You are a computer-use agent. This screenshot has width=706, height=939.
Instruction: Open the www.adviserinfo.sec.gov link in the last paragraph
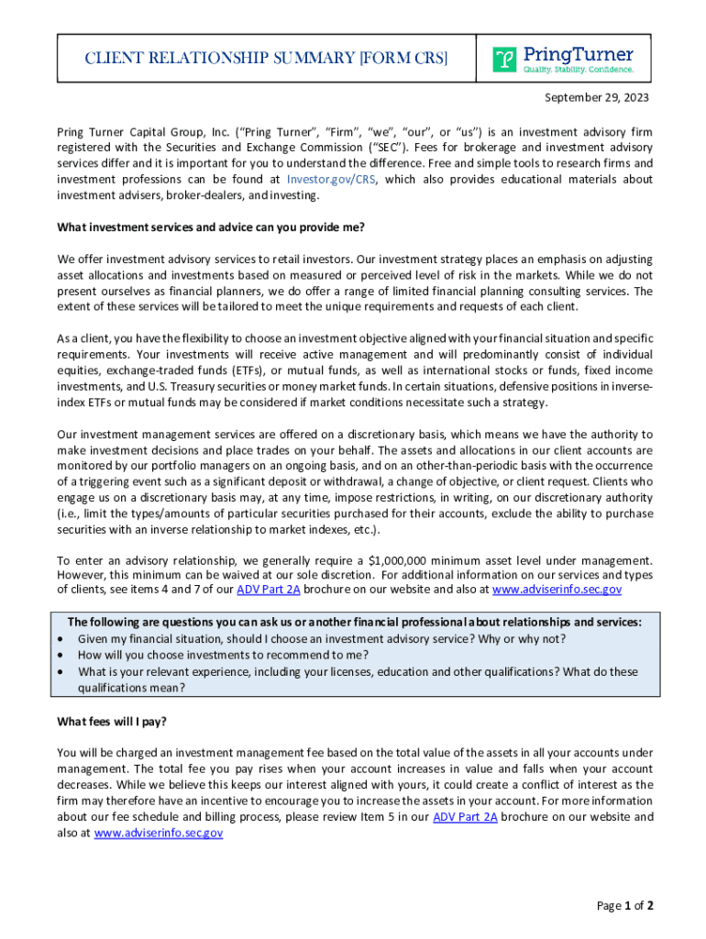[159, 833]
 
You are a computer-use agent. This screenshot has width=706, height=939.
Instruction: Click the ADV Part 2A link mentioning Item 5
[465, 817]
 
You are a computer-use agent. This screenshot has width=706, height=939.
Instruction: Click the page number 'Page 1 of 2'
[624, 906]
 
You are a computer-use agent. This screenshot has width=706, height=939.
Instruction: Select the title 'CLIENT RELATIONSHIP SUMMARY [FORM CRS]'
[253, 59]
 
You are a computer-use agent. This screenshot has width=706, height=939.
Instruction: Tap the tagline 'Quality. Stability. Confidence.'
[578, 70]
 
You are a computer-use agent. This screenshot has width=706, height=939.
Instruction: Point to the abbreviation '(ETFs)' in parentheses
[233, 370]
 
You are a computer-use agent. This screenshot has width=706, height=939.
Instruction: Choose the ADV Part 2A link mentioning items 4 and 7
[269, 590]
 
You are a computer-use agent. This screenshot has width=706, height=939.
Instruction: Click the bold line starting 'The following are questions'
[355, 622]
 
